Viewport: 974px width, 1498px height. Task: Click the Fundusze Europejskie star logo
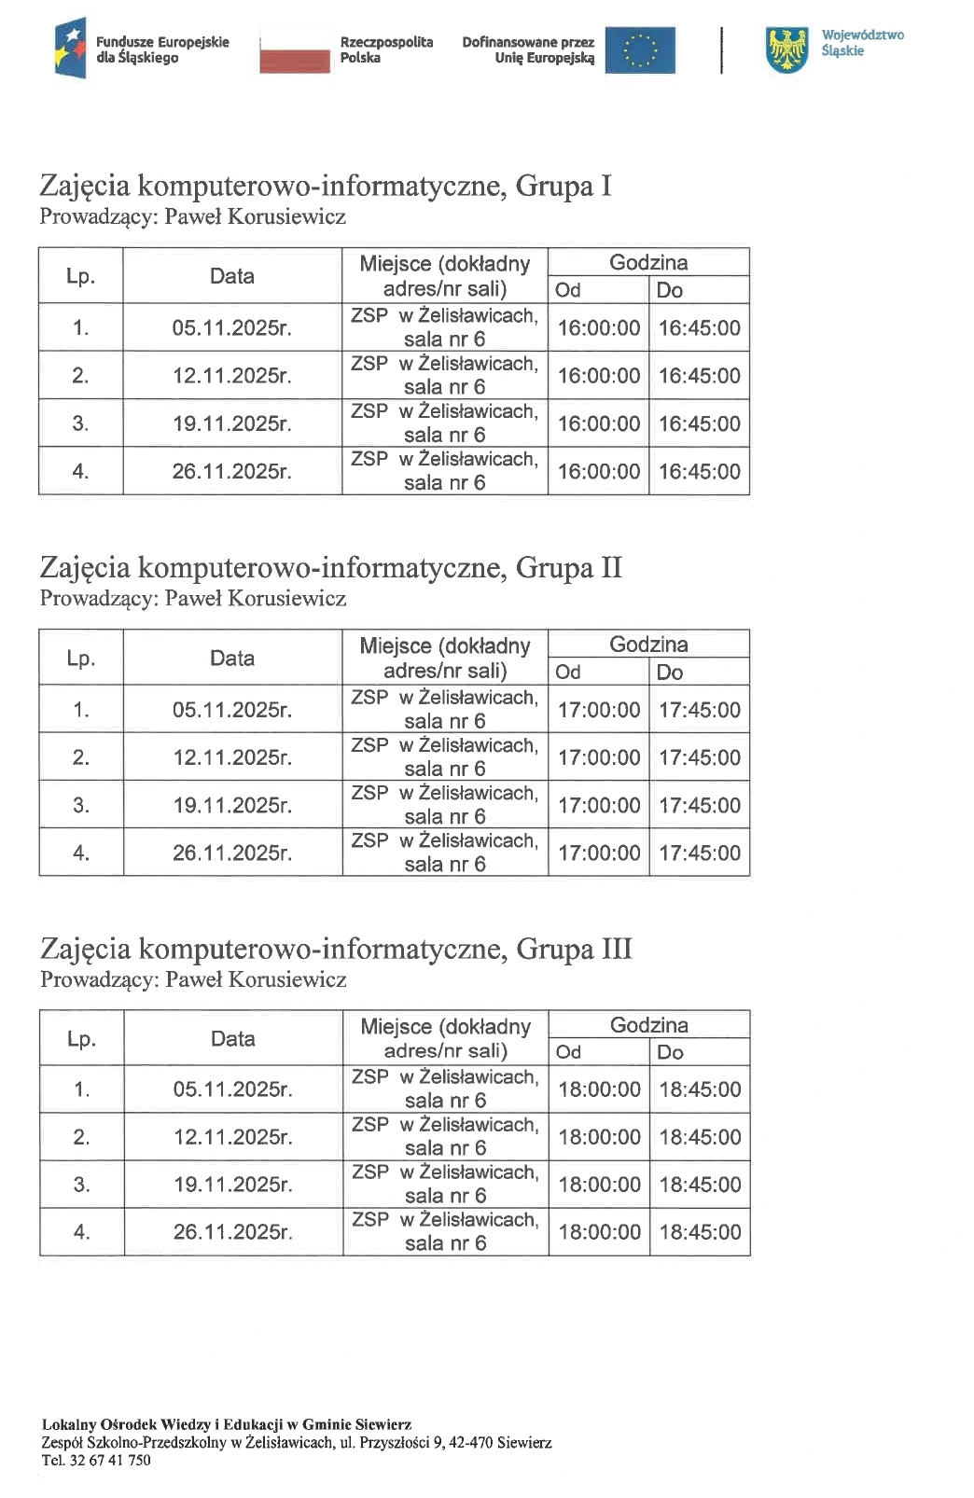click(70, 49)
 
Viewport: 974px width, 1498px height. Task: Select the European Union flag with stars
click(639, 49)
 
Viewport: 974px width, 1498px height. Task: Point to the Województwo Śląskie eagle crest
click(786, 49)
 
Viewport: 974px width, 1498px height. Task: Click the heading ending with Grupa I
click(325, 186)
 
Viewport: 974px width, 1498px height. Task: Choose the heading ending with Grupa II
click(330, 567)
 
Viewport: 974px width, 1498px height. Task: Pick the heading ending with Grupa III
click(336, 949)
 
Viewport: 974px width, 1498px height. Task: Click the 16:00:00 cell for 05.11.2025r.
click(599, 328)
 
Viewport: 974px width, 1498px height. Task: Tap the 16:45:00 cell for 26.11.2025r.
click(700, 472)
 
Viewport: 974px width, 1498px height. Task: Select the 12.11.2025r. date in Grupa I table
click(231, 376)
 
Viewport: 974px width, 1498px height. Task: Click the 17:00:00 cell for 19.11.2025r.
click(599, 806)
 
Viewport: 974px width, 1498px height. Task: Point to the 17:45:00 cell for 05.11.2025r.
click(700, 711)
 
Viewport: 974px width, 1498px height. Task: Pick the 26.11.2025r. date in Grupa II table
click(232, 853)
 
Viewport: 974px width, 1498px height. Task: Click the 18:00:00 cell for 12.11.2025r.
click(599, 1138)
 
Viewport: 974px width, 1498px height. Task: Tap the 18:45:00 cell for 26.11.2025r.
click(701, 1232)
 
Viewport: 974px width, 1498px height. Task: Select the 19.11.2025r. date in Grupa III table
click(232, 1186)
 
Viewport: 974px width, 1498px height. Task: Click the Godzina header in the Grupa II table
click(648, 645)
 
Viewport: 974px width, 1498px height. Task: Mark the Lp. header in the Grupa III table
click(81, 1039)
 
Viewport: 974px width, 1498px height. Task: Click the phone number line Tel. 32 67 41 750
click(96, 1461)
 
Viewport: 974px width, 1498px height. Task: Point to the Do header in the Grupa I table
click(670, 290)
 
